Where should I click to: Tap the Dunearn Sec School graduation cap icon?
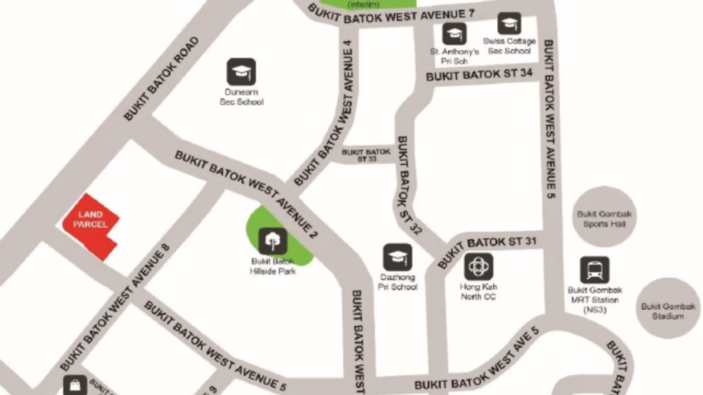tap(241, 72)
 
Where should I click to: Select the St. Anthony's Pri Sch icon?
tap(454, 34)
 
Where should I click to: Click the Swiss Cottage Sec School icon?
tap(509, 24)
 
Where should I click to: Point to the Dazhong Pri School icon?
tap(397, 258)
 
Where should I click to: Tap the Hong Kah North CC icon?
tap(479, 267)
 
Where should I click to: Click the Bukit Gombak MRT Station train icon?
tap(595, 270)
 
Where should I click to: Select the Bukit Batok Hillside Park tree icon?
tap(273, 241)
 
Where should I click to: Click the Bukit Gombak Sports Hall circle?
tap(604, 217)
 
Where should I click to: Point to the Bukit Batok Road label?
tap(162, 79)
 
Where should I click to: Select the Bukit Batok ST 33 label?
tap(366, 155)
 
